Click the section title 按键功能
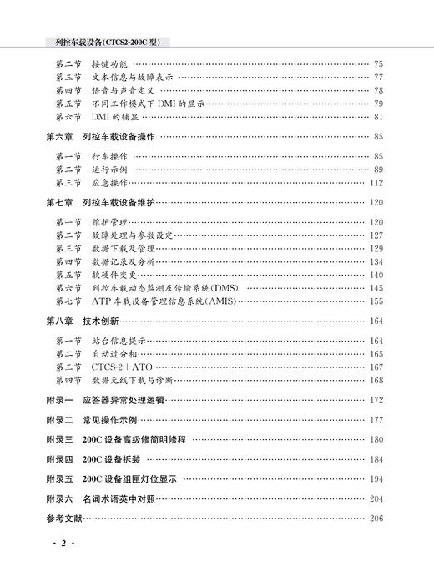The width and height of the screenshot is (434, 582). pos(110,63)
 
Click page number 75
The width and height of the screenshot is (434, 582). pos(378,63)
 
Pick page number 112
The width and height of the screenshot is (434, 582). pos(376,182)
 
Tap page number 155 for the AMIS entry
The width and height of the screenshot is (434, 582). pos(376,301)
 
